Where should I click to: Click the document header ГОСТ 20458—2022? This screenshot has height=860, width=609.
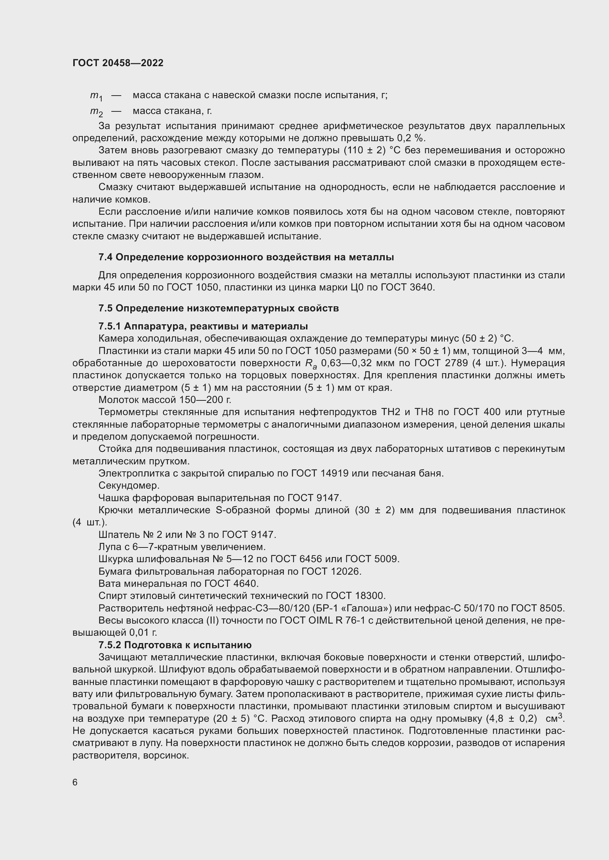pos(118,63)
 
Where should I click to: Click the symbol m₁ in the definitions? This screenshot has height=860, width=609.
pos(96,96)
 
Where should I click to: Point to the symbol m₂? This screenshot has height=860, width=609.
pos(96,112)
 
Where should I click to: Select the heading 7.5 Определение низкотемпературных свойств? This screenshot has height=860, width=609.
pos(218,308)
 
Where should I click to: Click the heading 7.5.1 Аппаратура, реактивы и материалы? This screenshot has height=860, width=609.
pos(203,326)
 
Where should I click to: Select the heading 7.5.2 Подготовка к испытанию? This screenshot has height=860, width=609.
pos(175,645)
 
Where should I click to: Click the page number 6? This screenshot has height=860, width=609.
pos(75,782)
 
